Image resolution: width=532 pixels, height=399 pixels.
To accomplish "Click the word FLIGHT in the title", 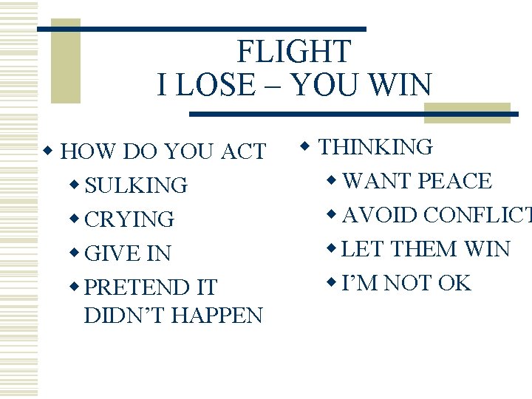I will [293, 52].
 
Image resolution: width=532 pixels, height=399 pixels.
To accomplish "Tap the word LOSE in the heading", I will [221, 86].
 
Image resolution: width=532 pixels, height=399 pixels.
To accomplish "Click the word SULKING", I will [136, 185].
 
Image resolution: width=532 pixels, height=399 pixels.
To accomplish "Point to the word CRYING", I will [129, 219].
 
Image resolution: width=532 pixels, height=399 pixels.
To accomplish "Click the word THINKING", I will [375, 147].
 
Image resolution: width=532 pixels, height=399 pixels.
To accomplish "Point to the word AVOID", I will [376, 215].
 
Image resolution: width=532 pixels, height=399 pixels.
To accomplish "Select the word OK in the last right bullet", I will [454, 283].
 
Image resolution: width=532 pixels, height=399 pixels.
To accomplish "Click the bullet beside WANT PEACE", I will [332, 180].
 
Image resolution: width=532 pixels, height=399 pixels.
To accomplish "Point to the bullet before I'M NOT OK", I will [332, 282].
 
